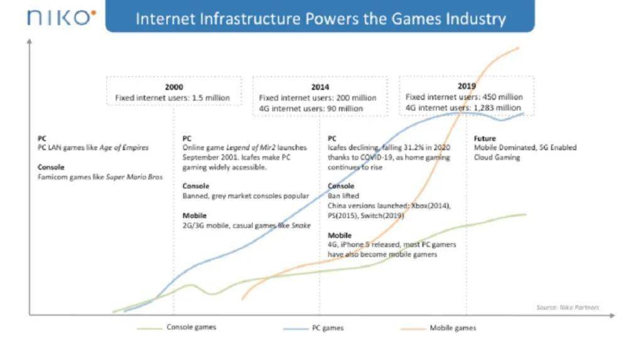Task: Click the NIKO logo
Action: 62,17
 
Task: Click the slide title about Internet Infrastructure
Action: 320,18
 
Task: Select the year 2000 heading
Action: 174,87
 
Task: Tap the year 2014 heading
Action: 320,87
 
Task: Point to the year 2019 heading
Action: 467,85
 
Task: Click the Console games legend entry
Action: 191,327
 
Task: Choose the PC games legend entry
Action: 327,328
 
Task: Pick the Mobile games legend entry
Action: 452,328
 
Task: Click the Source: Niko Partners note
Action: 568,307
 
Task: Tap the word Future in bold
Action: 485,138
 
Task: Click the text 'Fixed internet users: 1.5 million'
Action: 172,97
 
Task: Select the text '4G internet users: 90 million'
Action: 311,108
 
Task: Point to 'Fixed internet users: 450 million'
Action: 464,97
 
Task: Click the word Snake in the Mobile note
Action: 301,226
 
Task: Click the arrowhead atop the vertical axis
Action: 30,41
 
